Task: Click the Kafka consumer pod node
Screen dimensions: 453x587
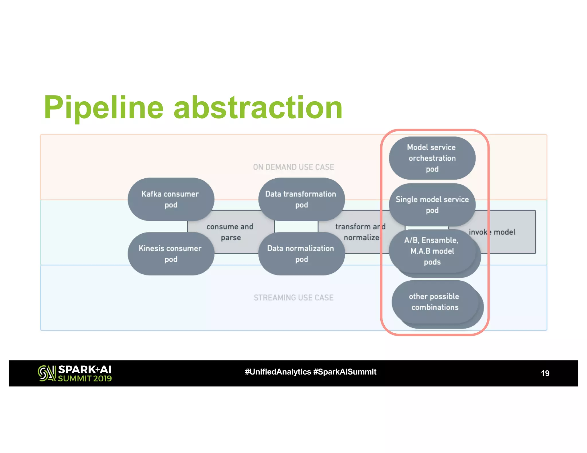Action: tap(171, 199)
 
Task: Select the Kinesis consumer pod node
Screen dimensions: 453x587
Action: tap(171, 254)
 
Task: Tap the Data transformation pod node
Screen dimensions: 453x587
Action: tap(301, 199)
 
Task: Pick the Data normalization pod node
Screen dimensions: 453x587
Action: tap(301, 254)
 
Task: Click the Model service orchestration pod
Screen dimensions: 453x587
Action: tap(432, 158)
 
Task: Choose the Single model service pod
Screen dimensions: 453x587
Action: tap(432, 205)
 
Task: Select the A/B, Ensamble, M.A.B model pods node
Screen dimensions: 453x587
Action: tap(432, 251)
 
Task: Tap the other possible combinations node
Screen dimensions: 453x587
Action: tap(435, 302)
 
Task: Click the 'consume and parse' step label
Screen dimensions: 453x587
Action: tap(230, 232)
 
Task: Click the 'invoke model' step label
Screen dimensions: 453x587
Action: tap(492, 232)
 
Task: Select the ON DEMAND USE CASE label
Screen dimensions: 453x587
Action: tap(293, 167)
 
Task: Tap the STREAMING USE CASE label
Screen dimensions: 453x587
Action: tap(293, 298)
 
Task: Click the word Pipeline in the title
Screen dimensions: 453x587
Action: tap(104, 108)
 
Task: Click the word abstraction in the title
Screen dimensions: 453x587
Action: tap(258, 108)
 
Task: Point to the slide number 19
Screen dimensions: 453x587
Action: tap(545, 373)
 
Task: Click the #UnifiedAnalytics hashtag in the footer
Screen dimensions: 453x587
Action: tap(278, 372)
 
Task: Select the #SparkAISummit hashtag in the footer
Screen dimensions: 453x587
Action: tap(345, 372)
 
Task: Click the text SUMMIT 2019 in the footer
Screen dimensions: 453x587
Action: tap(85, 379)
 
